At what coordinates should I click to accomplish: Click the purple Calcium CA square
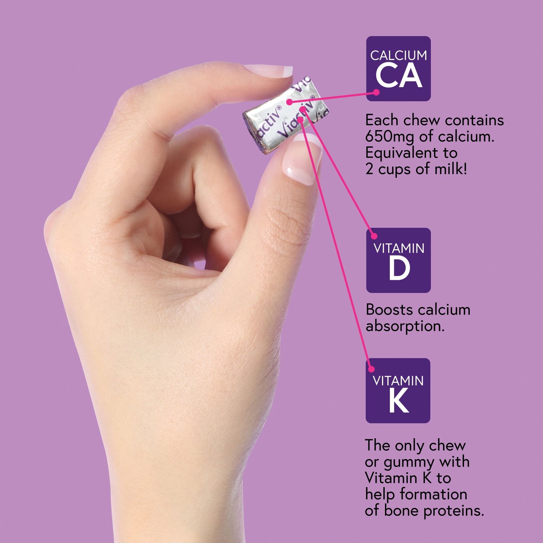(x=398, y=69)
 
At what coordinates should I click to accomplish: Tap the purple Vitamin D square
(x=398, y=260)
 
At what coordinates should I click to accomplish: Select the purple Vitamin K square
(x=398, y=391)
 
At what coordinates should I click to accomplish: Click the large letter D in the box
(x=399, y=269)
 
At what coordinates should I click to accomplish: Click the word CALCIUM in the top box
(x=399, y=55)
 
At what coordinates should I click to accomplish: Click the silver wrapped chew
(x=286, y=115)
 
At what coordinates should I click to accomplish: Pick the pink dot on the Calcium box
(x=376, y=92)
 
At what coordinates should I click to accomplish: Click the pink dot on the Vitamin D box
(x=374, y=236)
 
